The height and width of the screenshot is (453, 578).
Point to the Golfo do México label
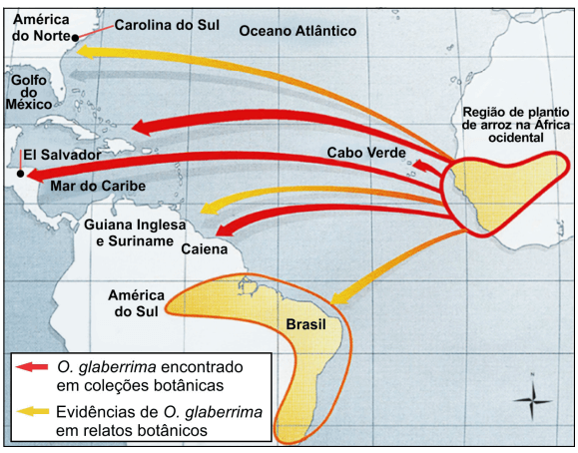(x=30, y=91)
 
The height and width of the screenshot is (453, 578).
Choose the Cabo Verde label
(x=365, y=152)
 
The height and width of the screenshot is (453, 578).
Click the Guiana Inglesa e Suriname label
(x=135, y=233)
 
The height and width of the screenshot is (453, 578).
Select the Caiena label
(x=205, y=249)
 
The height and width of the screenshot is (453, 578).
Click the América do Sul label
(x=137, y=303)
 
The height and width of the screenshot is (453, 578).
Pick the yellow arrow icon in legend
(x=32, y=412)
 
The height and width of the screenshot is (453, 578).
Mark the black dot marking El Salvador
(x=20, y=173)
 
